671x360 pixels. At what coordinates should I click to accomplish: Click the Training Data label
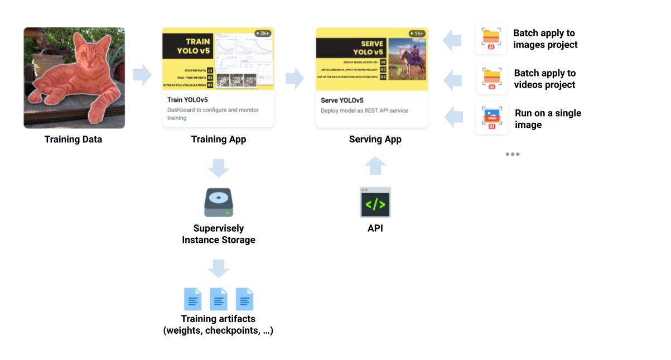point(73,140)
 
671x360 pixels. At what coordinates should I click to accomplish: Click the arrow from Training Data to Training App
point(142,75)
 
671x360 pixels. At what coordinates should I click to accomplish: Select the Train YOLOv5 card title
point(187,100)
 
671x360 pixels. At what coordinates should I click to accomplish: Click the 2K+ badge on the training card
point(263,33)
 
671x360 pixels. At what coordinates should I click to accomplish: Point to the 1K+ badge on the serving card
point(417,33)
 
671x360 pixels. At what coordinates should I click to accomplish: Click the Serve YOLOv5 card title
point(342,100)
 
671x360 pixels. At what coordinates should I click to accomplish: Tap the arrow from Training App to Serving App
point(295,79)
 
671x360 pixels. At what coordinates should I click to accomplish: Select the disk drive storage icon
point(219,203)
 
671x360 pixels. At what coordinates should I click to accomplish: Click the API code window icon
point(375,203)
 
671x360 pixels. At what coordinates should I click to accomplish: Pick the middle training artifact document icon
point(219,299)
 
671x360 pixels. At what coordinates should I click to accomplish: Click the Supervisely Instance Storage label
point(219,234)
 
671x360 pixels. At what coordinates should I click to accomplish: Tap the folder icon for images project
point(491,39)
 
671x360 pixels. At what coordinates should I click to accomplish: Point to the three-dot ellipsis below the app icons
point(513,154)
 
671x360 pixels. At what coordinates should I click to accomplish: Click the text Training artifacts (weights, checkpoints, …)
point(219,325)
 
